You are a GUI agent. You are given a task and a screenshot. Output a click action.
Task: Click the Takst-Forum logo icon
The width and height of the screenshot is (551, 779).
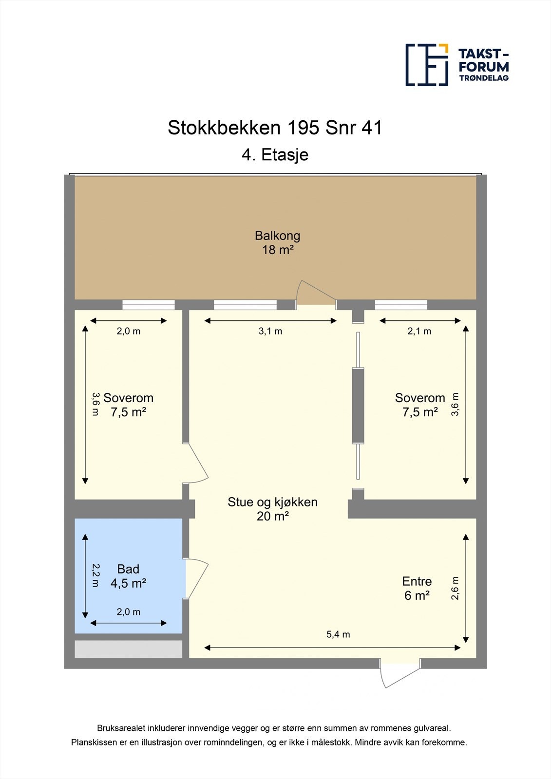[427, 65]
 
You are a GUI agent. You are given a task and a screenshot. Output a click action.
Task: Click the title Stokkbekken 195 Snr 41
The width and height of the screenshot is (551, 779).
[275, 128]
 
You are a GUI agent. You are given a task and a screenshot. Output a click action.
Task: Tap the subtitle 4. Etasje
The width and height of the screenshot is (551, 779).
[275, 155]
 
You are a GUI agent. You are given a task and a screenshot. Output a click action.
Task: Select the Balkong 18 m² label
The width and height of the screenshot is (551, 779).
[277, 242]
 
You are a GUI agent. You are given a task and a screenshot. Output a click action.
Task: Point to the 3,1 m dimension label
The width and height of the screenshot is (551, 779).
[270, 331]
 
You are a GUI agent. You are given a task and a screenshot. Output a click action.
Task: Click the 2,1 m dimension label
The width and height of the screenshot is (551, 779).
[419, 331]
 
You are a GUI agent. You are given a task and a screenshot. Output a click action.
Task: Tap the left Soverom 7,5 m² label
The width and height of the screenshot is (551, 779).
[128, 405]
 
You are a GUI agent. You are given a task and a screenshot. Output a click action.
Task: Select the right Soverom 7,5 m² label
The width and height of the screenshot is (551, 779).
[420, 405]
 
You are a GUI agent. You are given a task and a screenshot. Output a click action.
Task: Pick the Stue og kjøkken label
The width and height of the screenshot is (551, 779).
[272, 509]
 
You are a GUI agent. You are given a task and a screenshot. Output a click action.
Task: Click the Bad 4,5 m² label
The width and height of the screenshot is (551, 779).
[128, 575]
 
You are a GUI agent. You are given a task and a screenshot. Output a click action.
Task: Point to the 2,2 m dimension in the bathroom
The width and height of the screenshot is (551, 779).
[95, 575]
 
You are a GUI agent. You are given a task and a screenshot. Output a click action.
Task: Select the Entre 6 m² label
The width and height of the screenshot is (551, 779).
[417, 588]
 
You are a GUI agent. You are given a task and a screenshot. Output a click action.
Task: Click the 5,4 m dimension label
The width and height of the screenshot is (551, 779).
[338, 634]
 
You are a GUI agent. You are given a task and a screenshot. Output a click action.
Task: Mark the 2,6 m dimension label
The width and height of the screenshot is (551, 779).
[455, 588]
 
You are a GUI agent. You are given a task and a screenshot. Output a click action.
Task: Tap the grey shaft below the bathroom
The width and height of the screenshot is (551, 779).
[128, 649]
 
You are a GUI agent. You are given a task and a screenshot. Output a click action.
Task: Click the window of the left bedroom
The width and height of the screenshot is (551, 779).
[148, 305]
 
